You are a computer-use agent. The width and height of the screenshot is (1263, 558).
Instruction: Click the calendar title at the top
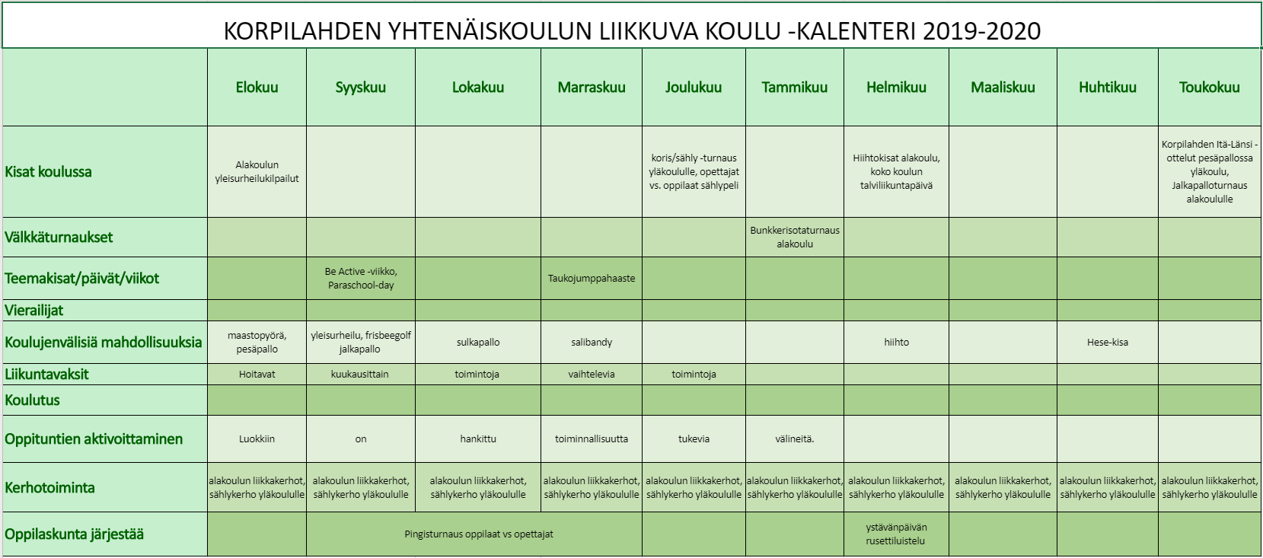pos(632,30)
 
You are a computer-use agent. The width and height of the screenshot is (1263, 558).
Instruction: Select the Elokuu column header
pos(257,88)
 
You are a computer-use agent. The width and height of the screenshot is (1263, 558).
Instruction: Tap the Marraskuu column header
pos(591,88)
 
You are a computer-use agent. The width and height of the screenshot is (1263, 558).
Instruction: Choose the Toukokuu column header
pos(1209,88)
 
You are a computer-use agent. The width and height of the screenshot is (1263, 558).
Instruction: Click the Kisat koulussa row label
pos(49,172)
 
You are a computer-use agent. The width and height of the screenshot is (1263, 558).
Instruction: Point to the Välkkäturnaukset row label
pos(59,238)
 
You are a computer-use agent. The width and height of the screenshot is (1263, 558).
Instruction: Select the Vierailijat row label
pos(34,311)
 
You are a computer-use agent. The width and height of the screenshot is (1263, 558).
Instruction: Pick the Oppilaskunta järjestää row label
pos(74,534)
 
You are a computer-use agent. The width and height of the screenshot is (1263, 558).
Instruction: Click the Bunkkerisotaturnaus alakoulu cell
pos(794,237)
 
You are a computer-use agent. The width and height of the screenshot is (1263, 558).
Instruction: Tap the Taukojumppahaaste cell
pos(591,279)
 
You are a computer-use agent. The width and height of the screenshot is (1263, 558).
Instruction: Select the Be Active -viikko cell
pos(361,278)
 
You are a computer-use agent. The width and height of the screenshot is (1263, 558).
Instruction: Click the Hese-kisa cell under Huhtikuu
pos(1107,343)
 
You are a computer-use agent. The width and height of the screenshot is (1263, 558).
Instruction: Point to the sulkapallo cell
pos(478,343)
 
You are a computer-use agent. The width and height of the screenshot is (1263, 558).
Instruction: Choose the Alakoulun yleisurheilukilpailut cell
pos(257,172)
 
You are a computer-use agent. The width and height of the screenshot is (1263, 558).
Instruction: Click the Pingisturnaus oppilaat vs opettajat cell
pos(478,534)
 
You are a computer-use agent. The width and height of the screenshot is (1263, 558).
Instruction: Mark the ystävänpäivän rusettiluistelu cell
pos(896,534)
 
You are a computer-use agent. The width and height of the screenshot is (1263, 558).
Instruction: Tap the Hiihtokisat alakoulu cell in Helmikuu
pos(896,172)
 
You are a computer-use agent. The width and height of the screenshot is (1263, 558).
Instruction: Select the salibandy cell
pos(591,343)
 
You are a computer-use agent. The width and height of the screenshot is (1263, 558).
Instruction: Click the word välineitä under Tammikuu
pos(794,439)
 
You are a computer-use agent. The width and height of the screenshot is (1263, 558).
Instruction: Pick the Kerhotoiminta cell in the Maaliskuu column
pos(1003,487)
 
